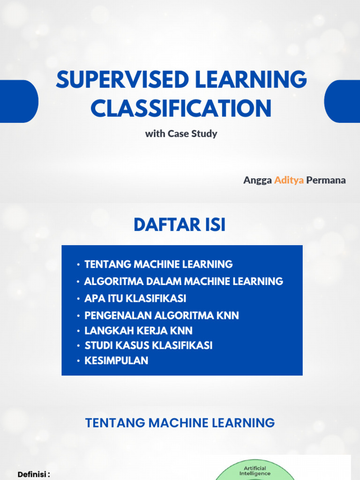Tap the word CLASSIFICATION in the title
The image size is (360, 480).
tap(181, 108)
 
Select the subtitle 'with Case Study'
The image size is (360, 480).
tap(181, 134)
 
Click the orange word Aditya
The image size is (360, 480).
tap(289, 180)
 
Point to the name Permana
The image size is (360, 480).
tap(326, 180)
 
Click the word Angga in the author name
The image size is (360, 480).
tap(257, 180)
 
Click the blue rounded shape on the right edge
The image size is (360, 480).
tap(342, 101)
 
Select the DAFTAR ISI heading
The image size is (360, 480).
tap(180, 225)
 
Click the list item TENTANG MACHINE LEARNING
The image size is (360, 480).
tap(158, 264)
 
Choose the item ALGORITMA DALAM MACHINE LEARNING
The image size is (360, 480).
tap(183, 281)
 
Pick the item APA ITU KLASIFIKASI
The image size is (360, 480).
tap(135, 298)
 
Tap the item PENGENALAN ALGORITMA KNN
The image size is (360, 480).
tap(161, 315)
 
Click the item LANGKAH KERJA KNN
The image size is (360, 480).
tap(138, 330)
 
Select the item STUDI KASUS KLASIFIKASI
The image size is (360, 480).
tap(148, 345)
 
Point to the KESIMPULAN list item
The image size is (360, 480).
tap(116, 360)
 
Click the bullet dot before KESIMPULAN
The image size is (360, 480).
tap(78, 361)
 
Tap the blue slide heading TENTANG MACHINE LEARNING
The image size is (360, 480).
tap(180, 423)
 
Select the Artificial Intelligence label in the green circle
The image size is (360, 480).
tap(255, 471)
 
